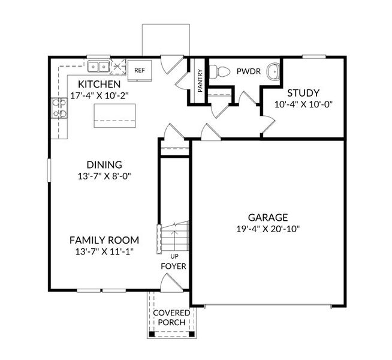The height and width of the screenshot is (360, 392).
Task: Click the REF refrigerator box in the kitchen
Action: point(140,70)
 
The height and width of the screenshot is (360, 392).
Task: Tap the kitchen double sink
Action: point(98,67)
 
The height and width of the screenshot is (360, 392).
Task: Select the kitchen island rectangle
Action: point(114,115)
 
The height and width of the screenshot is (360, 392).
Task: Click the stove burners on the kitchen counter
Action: point(59,107)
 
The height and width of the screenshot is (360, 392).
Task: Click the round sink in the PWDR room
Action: point(273,71)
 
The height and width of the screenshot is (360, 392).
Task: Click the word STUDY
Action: point(303,93)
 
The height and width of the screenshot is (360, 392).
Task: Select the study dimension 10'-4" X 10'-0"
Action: point(303,104)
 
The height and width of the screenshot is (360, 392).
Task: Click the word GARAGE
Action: point(269,217)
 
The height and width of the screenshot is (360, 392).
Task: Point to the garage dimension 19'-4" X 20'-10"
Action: point(269,229)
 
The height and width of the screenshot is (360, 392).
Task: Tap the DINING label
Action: point(104,164)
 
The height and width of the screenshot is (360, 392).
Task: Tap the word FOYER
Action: point(173,266)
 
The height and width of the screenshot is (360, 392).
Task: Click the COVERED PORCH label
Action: point(171,317)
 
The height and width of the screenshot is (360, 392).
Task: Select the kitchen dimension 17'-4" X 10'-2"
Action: point(99,95)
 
